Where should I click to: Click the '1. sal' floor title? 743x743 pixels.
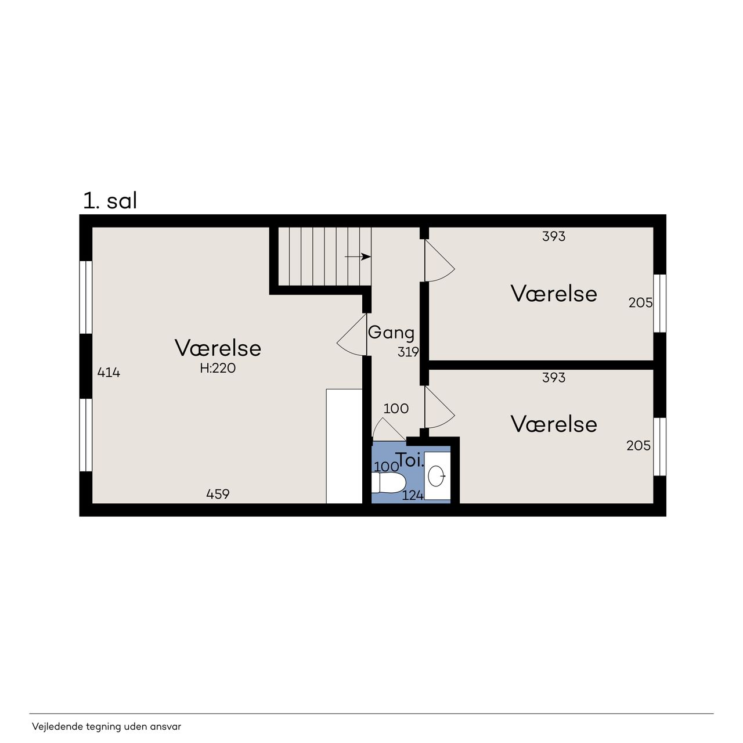point(110,201)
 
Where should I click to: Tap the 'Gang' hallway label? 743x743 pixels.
point(391,333)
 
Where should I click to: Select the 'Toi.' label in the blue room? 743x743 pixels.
point(410,460)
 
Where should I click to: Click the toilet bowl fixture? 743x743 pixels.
point(389,483)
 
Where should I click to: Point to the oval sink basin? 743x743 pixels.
point(435,476)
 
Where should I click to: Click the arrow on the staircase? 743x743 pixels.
point(358,257)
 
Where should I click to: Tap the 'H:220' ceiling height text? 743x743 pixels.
point(218,368)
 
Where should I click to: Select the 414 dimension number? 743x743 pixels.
point(109,373)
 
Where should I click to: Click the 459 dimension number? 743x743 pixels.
point(218,494)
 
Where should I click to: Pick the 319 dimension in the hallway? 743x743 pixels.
point(408,352)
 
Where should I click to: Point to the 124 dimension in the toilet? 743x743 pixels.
point(413,496)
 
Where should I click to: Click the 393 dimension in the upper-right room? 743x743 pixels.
point(554,236)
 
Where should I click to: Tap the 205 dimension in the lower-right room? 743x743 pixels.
point(639,446)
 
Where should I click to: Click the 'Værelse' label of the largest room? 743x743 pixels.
point(218,348)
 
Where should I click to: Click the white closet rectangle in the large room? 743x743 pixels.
point(344,446)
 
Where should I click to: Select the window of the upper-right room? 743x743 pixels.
point(660,303)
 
